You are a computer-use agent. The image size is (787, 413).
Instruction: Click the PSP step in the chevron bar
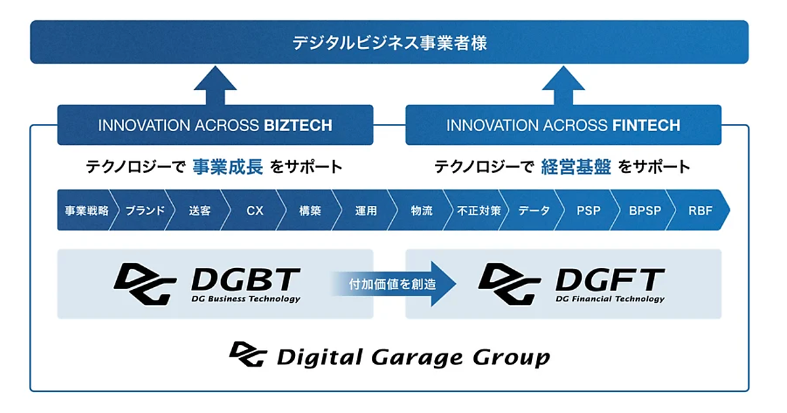point(588,211)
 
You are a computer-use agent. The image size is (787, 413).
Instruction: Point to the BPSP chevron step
point(645,211)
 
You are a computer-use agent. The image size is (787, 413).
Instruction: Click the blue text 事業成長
point(228,167)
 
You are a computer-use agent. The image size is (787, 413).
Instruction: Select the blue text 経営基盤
point(576,167)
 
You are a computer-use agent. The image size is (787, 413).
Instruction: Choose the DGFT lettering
point(610,280)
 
